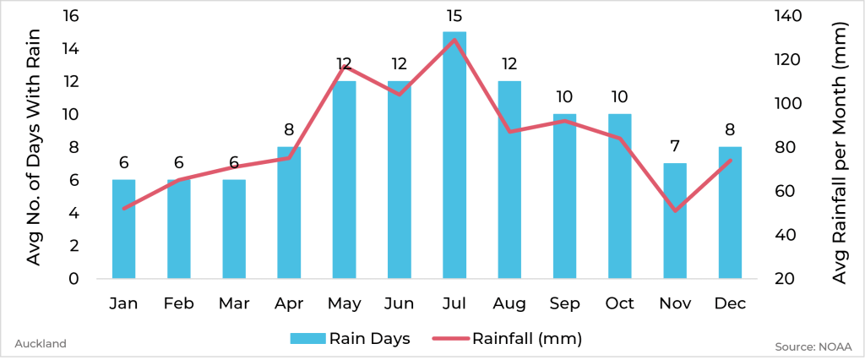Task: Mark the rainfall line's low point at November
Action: coord(675,210)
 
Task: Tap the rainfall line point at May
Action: coord(344,67)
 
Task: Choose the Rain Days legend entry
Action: coord(351,339)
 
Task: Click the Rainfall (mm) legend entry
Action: coord(507,339)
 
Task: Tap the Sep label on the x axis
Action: coord(564,303)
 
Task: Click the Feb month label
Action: coord(178,303)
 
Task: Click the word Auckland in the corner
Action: coord(41,344)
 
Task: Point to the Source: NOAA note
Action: coord(813,346)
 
